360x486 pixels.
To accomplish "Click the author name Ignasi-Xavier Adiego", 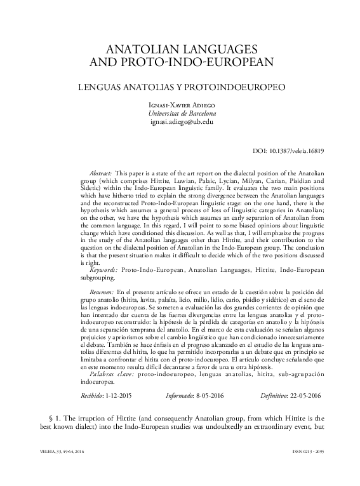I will (x=180, y=104).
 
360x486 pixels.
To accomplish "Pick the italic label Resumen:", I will (x=102, y=290).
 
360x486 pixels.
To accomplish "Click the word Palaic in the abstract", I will (x=217, y=181).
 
